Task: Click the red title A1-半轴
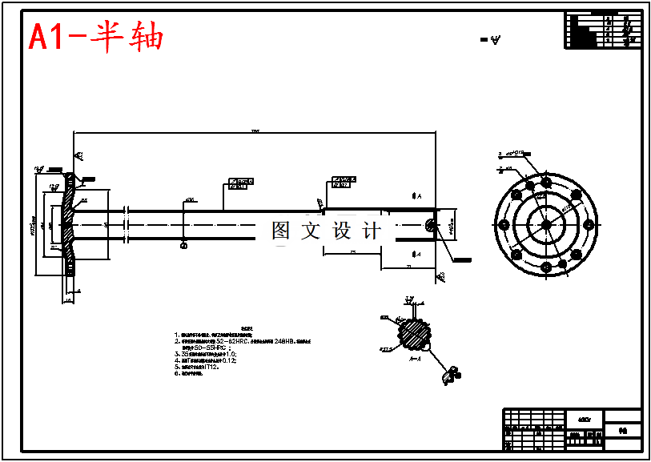click(x=96, y=37)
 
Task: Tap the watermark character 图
click(x=281, y=231)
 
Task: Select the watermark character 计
click(x=372, y=231)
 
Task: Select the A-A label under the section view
click(x=416, y=360)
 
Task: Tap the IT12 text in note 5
click(x=211, y=367)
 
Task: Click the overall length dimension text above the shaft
click(x=255, y=131)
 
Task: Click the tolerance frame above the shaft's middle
click(x=241, y=183)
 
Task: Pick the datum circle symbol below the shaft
click(x=184, y=246)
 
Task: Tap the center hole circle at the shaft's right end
click(x=432, y=225)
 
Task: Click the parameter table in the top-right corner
click(x=604, y=30)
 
